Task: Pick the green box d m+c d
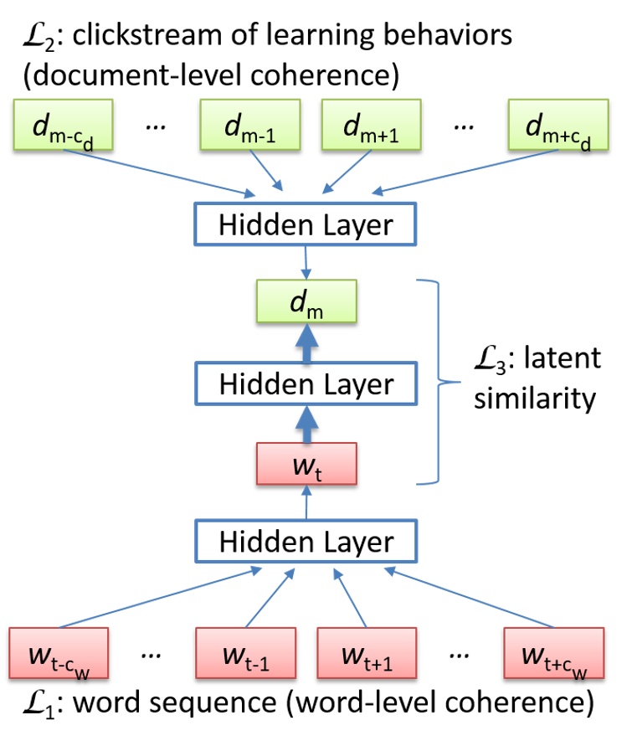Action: tap(557, 126)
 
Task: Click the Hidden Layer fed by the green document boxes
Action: tap(305, 224)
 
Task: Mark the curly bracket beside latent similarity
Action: tap(436, 383)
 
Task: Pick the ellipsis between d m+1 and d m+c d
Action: tap(462, 126)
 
